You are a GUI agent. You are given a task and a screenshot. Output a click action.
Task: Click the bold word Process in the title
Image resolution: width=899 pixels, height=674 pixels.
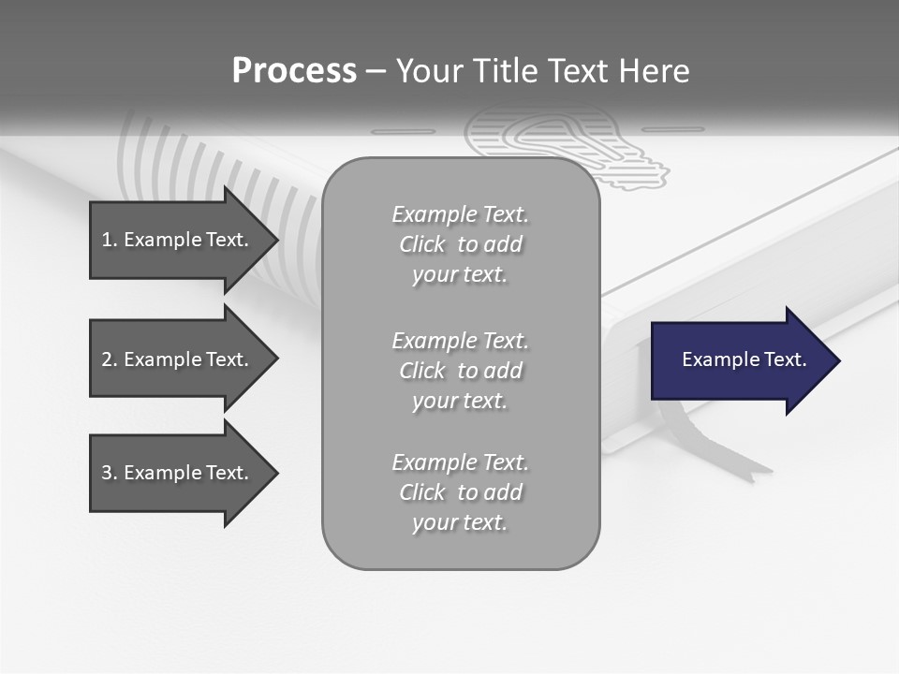[x=294, y=71]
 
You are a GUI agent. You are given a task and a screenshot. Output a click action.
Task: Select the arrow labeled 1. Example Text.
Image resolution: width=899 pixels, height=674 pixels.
[x=178, y=240]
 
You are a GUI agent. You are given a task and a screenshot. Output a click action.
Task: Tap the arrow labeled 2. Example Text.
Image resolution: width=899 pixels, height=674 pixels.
[x=178, y=359]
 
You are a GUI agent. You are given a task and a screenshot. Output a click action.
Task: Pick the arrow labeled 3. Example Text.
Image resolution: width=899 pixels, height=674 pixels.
[x=178, y=473]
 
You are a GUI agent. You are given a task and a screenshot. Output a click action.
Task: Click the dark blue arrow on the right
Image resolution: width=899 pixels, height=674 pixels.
[x=740, y=359]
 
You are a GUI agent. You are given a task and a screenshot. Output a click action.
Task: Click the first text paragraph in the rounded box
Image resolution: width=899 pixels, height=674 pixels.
[x=460, y=244]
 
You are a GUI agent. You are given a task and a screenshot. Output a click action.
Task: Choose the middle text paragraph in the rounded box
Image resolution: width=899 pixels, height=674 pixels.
[x=460, y=371]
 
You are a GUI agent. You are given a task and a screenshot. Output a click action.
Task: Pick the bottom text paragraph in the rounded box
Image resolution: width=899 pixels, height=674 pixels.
[x=460, y=492]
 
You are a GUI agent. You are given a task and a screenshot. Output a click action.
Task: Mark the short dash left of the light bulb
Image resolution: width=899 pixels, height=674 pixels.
[x=404, y=131]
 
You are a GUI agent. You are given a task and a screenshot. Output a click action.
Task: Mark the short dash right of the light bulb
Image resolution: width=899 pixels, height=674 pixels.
[x=672, y=129]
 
